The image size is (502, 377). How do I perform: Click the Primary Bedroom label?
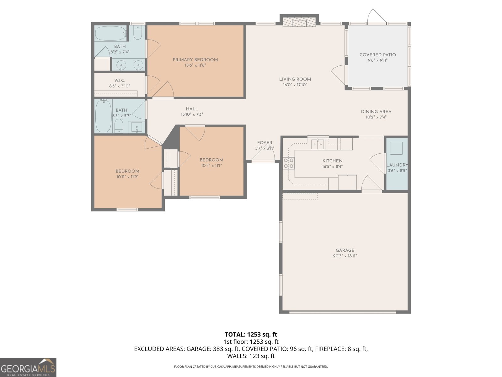coord(195,60)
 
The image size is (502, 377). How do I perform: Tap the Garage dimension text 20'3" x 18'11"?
coord(345,256)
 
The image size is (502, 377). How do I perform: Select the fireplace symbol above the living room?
coord(299,22)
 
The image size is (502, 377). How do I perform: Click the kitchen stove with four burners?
coord(289,163)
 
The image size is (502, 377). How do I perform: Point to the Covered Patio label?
coord(377,55)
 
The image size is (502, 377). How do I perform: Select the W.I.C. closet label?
coord(120,80)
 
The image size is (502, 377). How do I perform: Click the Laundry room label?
coord(397,165)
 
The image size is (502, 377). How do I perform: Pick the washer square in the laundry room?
coord(396,148)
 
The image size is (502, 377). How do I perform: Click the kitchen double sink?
coord(318,145)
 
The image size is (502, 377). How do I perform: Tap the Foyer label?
coord(264,143)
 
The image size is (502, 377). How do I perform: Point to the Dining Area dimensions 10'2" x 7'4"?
coord(376,117)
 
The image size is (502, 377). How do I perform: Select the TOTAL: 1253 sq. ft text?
coord(251,334)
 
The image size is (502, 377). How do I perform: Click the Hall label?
coord(192,109)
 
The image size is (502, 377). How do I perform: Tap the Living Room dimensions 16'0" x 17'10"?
coord(295,85)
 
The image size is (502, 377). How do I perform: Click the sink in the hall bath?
coord(137,127)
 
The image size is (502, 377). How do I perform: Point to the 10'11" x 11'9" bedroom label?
coord(127,171)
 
